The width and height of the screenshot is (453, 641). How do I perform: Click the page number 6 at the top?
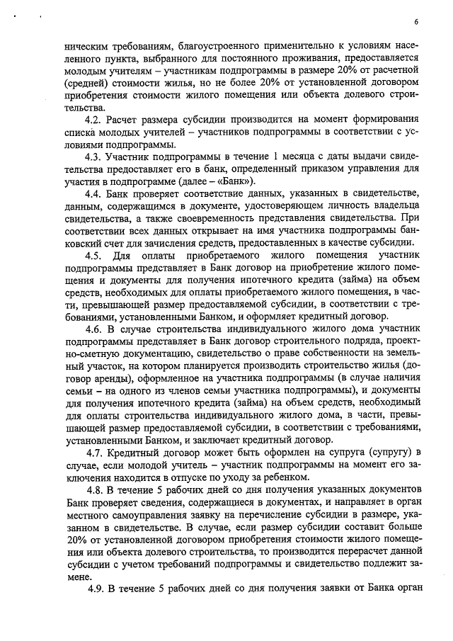417,21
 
